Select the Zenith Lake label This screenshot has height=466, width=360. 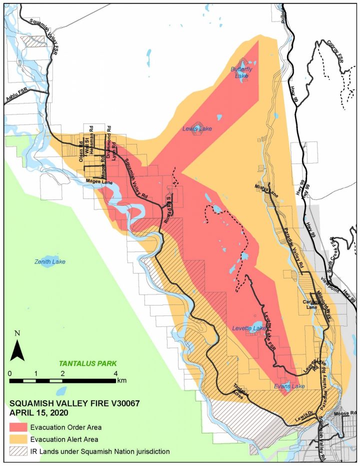[x=50, y=261]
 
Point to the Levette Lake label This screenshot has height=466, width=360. [x=249, y=328]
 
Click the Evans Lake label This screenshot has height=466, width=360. [x=289, y=386]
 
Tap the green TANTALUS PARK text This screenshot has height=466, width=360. [x=88, y=363]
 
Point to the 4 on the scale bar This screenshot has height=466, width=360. [x=116, y=373]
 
